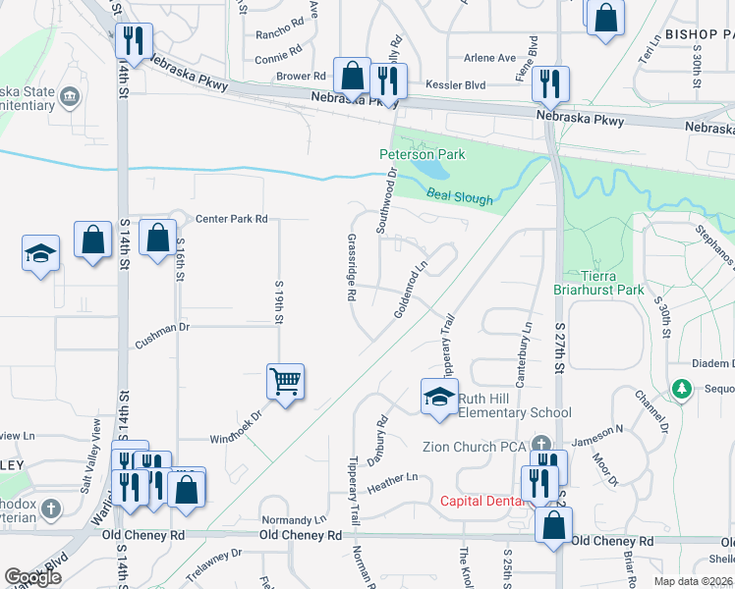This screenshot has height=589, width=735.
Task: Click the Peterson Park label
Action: tap(423, 154)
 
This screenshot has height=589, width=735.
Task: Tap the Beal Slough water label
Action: tap(460, 198)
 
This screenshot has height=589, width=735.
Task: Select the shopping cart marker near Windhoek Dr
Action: tap(285, 381)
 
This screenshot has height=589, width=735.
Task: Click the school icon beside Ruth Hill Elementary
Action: tap(439, 397)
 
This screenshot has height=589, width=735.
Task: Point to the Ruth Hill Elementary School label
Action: tap(514, 405)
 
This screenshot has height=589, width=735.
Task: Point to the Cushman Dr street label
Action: tap(162, 326)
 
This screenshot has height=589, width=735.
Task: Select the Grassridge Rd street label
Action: tap(351, 266)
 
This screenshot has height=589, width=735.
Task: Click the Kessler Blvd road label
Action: tap(456, 85)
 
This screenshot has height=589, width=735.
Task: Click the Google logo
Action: tap(32, 577)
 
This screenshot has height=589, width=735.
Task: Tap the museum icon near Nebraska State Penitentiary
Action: tap(70, 96)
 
